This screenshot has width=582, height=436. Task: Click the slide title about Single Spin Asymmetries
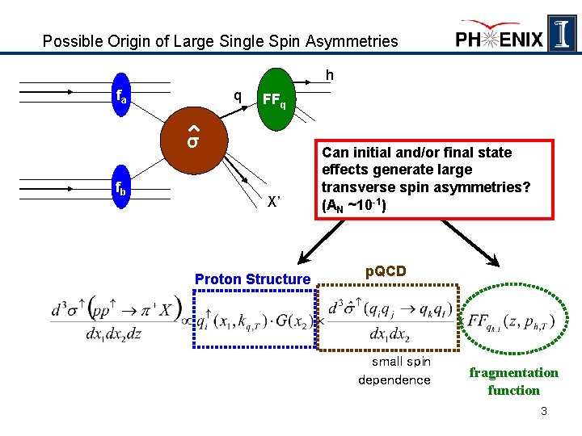click(220, 40)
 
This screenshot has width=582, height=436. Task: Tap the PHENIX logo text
click(500, 38)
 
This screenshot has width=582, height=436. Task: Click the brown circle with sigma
click(194, 142)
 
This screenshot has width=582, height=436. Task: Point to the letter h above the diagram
click(329, 75)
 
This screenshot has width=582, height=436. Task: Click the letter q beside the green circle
click(237, 95)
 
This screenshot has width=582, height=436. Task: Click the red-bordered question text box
click(425, 178)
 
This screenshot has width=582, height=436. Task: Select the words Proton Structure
click(253, 279)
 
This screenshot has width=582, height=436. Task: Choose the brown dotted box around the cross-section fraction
click(388, 317)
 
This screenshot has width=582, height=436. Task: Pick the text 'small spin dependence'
click(394, 371)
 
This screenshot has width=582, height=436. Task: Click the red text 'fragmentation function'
click(513, 381)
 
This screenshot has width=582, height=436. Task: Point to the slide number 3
click(544, 412)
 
